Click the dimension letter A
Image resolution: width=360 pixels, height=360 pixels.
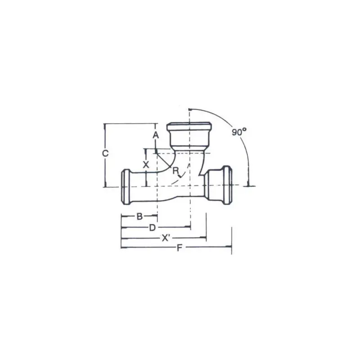[x=156, y=135]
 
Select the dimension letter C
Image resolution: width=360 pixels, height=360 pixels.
[x=105, y=153]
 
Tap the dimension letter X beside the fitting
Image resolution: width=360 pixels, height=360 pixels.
[x=146, y=164]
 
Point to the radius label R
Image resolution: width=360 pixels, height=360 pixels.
[x=176, y=171]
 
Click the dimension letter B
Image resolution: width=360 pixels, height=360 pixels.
[x=139, y=216]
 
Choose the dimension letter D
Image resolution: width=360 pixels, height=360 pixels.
[x=153, y=228]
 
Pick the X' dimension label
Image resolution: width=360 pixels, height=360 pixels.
[x=166, y=238]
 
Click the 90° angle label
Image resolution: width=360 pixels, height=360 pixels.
[x=239, y=132]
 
